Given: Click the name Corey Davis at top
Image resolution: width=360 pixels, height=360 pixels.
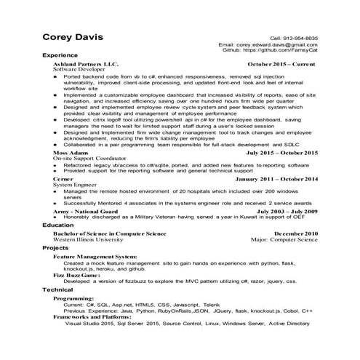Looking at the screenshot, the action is coord(72,37).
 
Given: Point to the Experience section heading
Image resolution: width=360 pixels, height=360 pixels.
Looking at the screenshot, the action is coord(61,56).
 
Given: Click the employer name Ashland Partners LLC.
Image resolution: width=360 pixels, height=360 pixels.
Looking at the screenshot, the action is coord(85,64).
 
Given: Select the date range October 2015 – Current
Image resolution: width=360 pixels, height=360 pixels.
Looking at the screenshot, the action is coord(280,64).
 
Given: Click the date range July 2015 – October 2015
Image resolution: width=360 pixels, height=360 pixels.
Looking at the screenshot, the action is coord(281,153).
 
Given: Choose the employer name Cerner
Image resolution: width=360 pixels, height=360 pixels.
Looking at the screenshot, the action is coord(63,179).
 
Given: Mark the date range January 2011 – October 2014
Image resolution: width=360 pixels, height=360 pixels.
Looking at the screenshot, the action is coord(276,179).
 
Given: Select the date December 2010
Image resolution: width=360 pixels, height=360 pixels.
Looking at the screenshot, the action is coord(295,233).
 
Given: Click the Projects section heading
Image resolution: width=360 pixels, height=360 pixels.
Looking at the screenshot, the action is coord(56,249).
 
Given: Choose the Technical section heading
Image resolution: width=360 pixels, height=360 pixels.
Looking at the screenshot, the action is coord(58,289).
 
